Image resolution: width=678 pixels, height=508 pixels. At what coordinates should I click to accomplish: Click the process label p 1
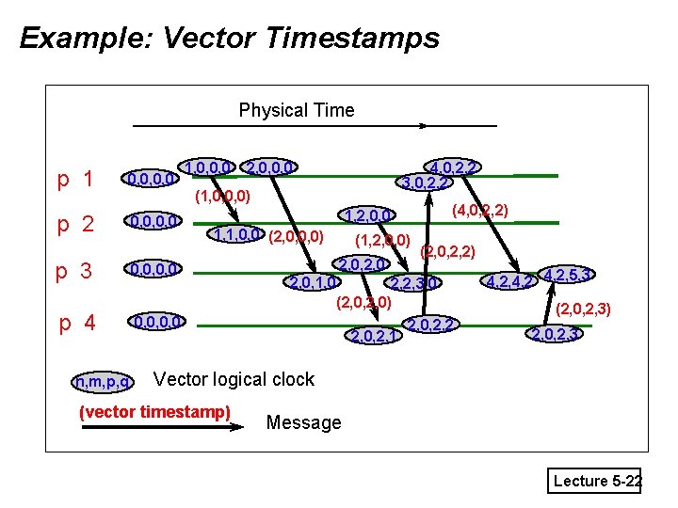(x=74, y=179)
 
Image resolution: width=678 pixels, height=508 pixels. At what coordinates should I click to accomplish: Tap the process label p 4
(x=76, y=324)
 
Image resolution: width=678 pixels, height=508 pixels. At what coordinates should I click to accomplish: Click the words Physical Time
(x=297, y=110)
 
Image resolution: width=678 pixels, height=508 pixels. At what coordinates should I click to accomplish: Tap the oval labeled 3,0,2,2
(x=425, y=183)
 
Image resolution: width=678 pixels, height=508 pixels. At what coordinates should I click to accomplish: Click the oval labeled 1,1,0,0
(x=238, y=234)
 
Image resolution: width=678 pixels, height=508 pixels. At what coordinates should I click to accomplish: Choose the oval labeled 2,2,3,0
(x=413, y=282)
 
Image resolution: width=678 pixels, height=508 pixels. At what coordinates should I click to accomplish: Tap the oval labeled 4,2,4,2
(x=509, y=279)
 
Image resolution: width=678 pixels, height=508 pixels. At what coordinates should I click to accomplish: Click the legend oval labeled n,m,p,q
(x=103, y=382)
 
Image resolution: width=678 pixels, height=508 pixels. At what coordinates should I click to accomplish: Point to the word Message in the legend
(x=303, y=422)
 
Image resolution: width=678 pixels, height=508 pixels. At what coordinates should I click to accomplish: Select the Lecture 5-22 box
(x=597, y=481)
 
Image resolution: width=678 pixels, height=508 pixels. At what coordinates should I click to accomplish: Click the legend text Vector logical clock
(x=234, y=379)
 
